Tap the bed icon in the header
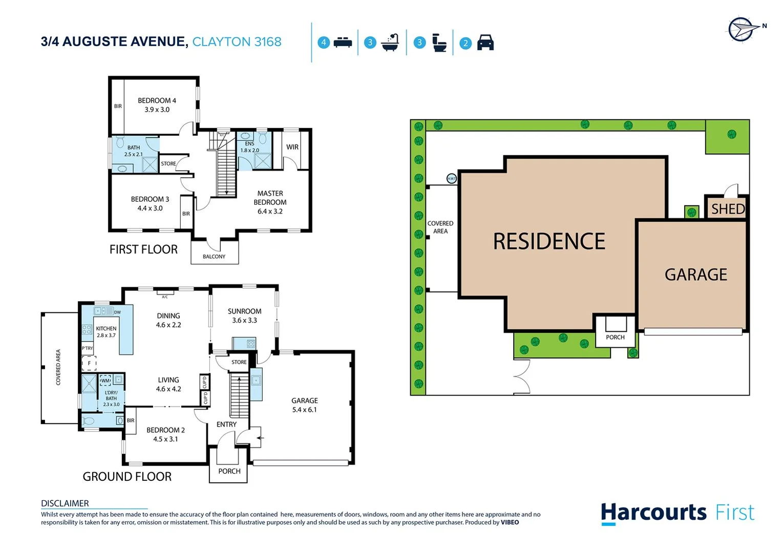click(343, 42)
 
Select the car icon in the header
click(485, 42)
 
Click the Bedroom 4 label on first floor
click(157, 105)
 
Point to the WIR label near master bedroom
click(292, 147)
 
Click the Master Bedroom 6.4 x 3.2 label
click(270, 202)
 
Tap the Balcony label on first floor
click(214, 257)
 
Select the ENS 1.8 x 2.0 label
click(249, 147)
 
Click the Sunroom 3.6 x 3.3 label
click(244, 315)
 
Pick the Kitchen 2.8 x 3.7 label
click(106, 332)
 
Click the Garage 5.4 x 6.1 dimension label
click(304, 405)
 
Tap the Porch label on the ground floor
click(229, 471)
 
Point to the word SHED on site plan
click(727, 209)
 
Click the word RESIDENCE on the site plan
click(549, 241)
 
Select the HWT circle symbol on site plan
click(451, 179)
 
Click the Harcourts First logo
click(677, 513)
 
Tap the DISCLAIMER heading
click(65, 503)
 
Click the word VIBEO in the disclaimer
click(510, 522)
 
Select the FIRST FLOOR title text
click(143, 249)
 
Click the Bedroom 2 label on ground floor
click(165, 434)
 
